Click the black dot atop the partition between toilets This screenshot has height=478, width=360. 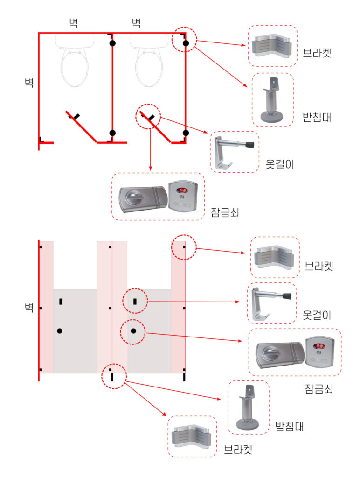pyautogui.click(x=112, y=43)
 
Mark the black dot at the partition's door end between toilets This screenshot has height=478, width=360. pyautogui.click(x=112, y=133)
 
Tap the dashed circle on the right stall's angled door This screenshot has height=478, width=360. pyautogui.click(x=148, y=116)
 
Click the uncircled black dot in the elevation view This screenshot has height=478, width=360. pyautogui.click(x=60, y=331)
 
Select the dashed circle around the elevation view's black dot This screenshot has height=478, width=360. pyautogui.click(x=133, y=331)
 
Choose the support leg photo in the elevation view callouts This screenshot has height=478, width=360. pyautogui.click(x=248, y=408)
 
